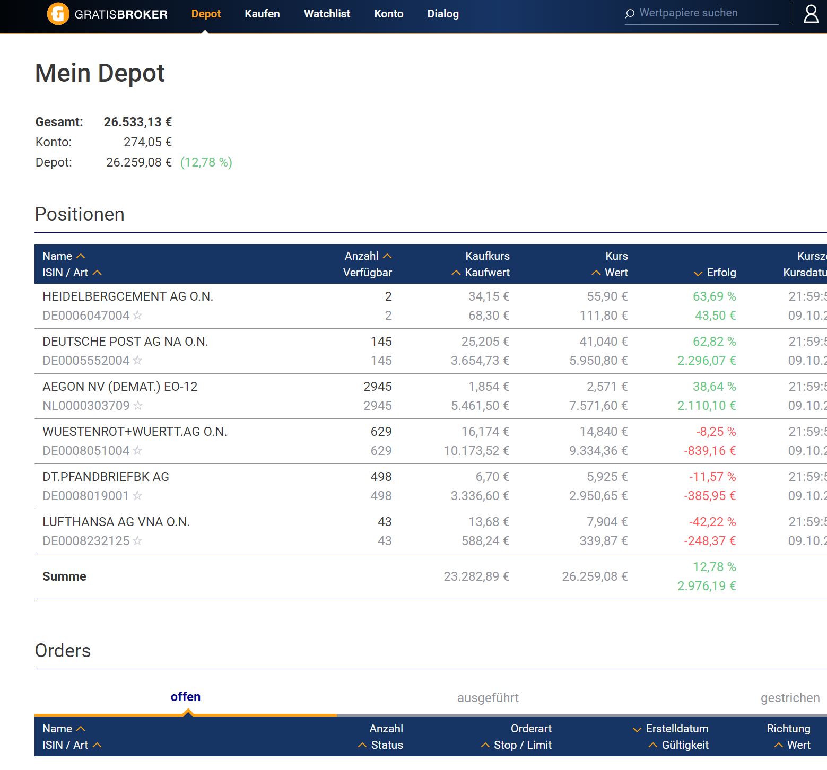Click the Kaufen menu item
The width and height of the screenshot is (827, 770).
pos(262,14)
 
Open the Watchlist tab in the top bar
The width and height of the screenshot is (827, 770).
pos(327,14)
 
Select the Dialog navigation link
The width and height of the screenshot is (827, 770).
pos(443,14)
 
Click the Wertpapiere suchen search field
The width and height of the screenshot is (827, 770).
pos(700,13)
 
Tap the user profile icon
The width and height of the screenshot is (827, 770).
pos(811,14)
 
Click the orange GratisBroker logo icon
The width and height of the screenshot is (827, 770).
pos(58,14)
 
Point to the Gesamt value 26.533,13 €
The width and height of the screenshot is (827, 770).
pos(138,122)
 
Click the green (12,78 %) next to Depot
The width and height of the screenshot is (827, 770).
pos(206,162)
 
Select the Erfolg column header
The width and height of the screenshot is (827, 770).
pos(721,273)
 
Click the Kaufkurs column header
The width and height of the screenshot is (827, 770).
pos(487,256)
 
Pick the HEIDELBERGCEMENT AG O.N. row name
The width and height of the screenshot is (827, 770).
pos(128,296)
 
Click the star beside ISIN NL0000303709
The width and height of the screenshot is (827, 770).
pos(138,406)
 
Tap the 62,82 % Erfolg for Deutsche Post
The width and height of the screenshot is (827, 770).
pos(714,342)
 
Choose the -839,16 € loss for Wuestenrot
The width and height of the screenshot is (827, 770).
pos(710,451)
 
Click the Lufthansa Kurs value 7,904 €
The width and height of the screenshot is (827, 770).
pos(607,522)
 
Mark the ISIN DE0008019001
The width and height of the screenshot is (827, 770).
pos(86,496)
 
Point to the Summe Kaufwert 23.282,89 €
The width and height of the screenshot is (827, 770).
pos(476,576)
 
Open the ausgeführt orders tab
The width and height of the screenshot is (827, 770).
pos(488,698)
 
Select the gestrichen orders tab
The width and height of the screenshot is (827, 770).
pos(790,698)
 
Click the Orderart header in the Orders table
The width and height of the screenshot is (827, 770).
pos(531,729)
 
